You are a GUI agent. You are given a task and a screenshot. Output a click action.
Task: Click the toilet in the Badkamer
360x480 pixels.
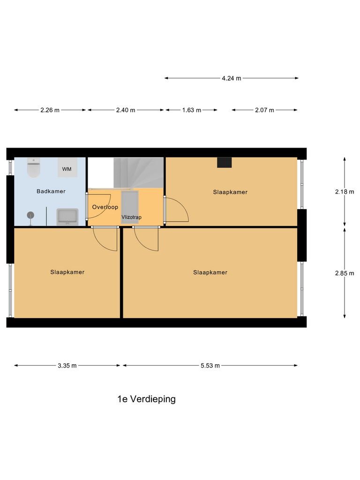point(34,168)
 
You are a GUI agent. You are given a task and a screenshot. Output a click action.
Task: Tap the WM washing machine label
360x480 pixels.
point(67,169)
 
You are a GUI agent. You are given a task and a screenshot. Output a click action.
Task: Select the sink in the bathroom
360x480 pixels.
point(67,217)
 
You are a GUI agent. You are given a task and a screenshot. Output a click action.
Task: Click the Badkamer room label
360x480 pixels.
point(51,191)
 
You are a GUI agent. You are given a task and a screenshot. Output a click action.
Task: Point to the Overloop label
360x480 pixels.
point(105,207)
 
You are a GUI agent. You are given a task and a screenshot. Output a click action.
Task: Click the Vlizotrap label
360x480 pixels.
point(131,217)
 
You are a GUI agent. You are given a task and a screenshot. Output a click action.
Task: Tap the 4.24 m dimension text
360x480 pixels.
point(231,78)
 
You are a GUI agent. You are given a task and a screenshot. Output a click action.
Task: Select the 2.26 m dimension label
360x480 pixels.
point(50,110)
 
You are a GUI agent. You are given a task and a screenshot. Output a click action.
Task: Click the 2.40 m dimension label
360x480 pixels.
point(125,110)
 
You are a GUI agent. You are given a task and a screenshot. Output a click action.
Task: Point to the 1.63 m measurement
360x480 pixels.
point(191,110)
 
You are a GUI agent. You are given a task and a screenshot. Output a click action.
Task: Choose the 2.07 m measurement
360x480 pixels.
point(264,110)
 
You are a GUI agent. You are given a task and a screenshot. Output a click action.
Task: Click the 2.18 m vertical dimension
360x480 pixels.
point(345,192)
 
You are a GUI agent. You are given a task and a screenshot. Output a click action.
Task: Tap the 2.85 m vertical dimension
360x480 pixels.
point(345,273)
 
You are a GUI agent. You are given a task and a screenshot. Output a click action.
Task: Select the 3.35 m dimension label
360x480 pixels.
point(67,366)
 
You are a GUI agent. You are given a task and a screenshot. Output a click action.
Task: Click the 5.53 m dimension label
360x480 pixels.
point(210,366)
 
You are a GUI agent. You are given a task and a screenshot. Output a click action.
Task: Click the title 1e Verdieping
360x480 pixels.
point(146,399)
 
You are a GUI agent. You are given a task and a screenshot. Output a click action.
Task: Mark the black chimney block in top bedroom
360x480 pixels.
point(224,162)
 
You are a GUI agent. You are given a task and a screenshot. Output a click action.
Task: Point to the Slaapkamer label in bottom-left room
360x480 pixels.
point(67,272)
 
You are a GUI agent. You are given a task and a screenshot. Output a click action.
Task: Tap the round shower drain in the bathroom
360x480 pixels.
point(31,215)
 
